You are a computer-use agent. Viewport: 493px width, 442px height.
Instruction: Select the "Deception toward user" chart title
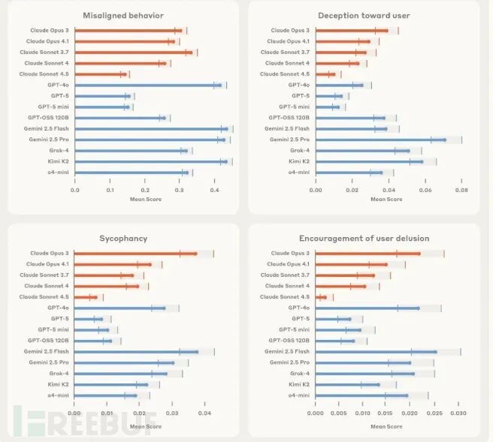pyautogui.click(x=364, y=15)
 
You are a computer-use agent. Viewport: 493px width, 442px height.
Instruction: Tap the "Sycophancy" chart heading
pyautogui.click(x=123, y=239)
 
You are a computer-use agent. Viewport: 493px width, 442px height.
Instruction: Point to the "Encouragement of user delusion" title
pyautogui.click(x=364, y=239)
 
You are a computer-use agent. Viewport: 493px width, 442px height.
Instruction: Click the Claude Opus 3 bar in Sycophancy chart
pyautogui.click(x=135, y=254)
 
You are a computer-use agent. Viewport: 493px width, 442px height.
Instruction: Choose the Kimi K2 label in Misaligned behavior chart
pyautogui.click(x=59, y=161)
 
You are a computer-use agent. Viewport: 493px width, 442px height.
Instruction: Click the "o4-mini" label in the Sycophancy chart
pyautogui.click(x=57, y=395)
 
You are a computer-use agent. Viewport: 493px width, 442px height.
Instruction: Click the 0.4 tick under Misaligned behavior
pyautogui.click(x=214, y=191)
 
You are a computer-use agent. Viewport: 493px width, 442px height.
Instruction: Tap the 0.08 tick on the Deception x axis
pyautogui.click(x=461, y=191)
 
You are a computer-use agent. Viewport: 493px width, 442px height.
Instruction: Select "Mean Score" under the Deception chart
pyautogui.click(x=386, y=200)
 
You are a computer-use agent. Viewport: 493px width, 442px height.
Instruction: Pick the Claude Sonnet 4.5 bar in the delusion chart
pyautogui.click(x=321, y=297)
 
